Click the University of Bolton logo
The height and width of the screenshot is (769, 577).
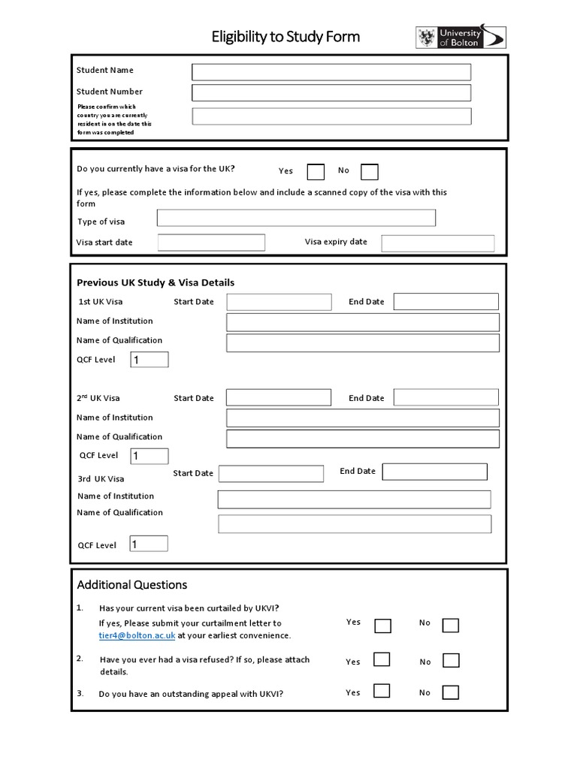(x=461, y=38)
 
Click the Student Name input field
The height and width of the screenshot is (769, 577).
(x=331, y=72)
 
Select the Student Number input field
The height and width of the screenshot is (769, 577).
(x=331, y=92)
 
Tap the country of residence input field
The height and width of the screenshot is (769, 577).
(x=331, y=116)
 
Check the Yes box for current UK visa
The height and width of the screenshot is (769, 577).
(x=316, y=172)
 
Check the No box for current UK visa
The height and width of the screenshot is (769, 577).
(x=369, y=172)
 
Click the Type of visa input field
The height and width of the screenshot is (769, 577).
(x=296, y=218)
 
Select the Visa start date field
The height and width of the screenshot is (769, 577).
(x=211, y=243)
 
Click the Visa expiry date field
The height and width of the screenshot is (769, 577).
(x=438, y=243)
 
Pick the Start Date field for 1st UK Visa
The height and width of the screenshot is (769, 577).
(x=279, y=302)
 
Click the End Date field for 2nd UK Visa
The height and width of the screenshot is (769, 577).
(x=446, y=397)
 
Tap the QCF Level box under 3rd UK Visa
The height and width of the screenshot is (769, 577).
(x=149, y=544)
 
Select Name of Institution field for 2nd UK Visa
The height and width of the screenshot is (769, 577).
(x=362, y=418)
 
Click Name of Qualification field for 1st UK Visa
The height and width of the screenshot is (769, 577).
(x=362, y=343)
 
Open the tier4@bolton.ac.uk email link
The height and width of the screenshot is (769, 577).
(x=137, y=635)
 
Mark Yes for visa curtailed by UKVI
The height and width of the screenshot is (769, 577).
(x=382, y=626)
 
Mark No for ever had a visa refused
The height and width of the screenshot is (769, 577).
(x=450, y=660)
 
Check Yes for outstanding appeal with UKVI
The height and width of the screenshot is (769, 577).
(x=382, y=691)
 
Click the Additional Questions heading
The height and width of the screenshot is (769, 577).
(x=132, y=585)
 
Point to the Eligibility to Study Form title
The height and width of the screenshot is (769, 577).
(x=285, y=36)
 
